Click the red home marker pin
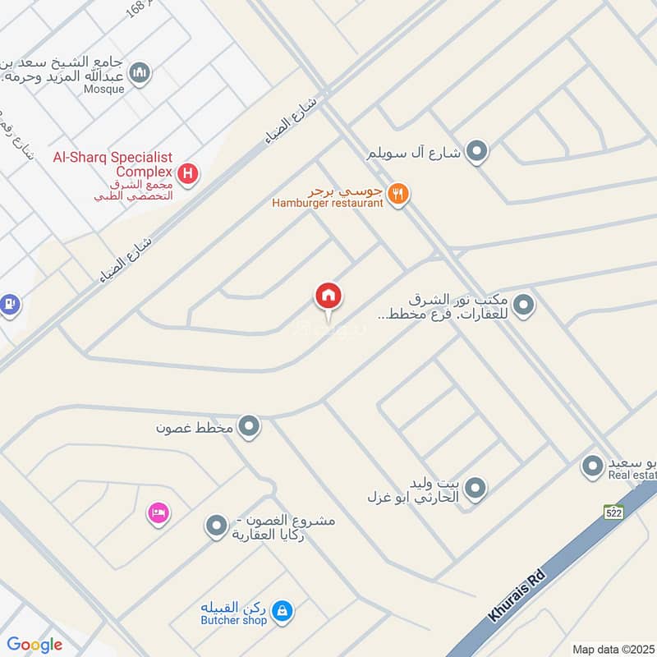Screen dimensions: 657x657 (x=328, y=296)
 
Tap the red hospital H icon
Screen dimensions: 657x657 (x=189, y=174)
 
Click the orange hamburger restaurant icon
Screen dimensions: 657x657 (x=398, y=194)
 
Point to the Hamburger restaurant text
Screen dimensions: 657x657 (x=328, y=203)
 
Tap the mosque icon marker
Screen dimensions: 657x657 (x=141, y=73)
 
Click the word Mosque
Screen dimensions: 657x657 (x=103, y=89)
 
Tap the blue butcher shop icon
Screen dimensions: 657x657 (x=282, y=610)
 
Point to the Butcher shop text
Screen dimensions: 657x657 (x=234, y=621)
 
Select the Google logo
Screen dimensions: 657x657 (x=34, y=645)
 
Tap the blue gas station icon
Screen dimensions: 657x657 (x=9, y=304)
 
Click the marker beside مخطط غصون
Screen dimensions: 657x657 (x=250, y=427)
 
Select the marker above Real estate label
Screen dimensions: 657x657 (x=591, y=466)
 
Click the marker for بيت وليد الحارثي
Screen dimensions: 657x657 (x=474, y=490)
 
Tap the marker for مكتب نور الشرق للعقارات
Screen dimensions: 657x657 (x=524, y=306)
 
